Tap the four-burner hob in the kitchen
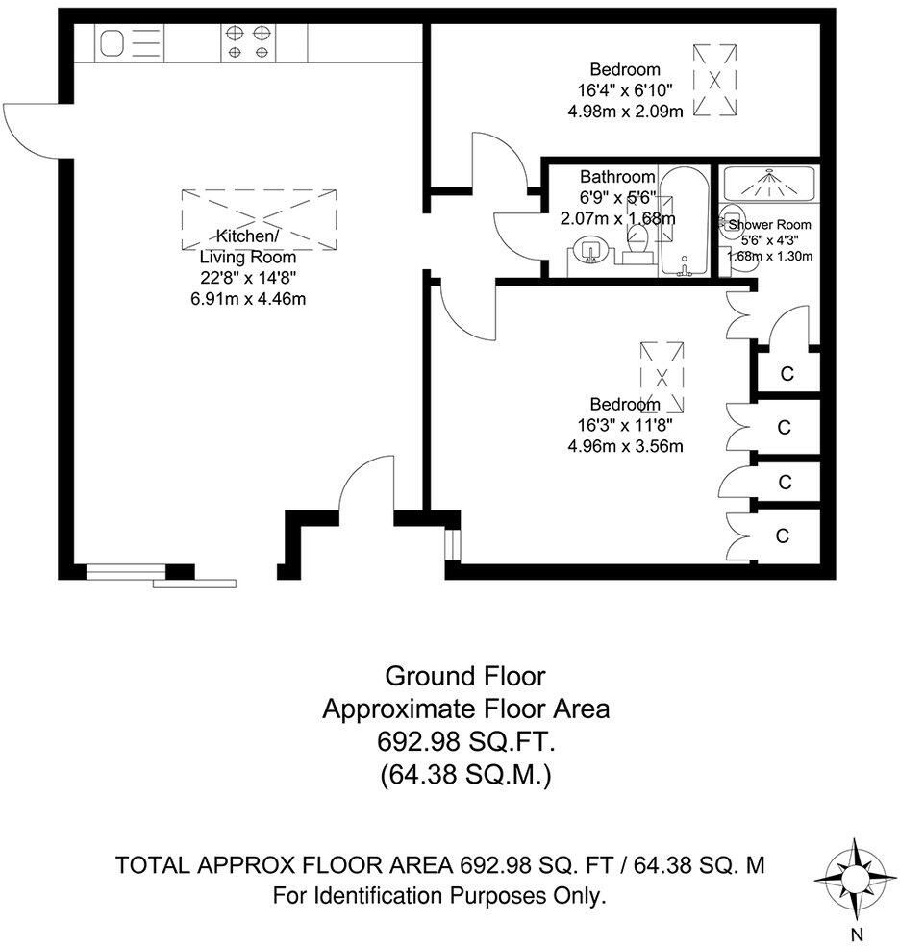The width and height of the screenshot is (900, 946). point(247,43)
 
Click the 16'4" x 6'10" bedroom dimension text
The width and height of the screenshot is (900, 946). point(625,89)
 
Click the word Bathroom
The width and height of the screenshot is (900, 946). point(617,177)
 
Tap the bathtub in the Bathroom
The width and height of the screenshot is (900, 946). point(685,223)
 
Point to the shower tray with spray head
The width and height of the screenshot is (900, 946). point(768,183)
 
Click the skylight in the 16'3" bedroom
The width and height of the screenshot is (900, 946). point(662,376)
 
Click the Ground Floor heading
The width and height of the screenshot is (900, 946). point(465,676)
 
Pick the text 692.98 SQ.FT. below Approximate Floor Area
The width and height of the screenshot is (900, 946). point(465,741)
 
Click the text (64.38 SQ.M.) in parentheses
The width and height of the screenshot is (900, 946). point(465,774)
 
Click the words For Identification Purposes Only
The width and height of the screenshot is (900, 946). point(439,896)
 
